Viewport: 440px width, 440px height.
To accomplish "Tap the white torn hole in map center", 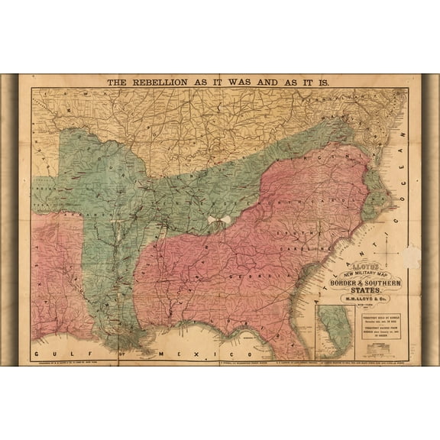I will click(x=218, y=221).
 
